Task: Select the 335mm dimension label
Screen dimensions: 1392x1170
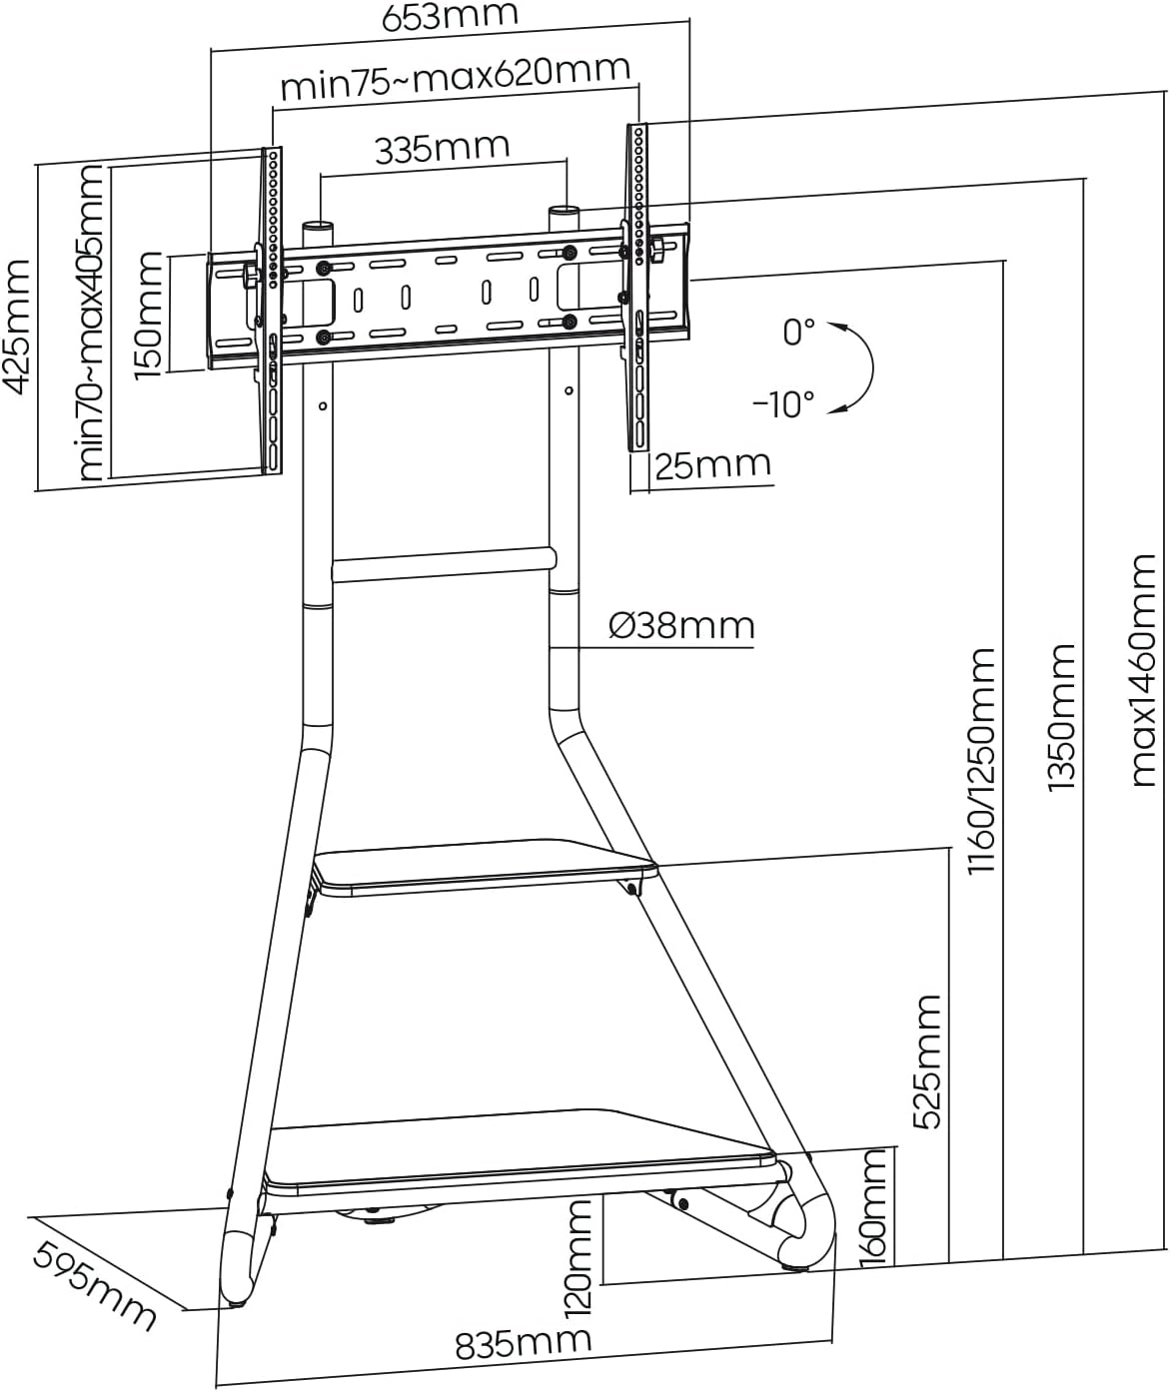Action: (x=442, y=148)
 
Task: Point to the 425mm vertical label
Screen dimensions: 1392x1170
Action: (x=17, y=327)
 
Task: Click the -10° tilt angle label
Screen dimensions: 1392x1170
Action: (x=783, y=404)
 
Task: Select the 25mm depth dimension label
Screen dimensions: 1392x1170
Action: (x=713, y=465)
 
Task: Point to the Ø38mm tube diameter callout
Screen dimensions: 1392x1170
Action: (x=681, y=625)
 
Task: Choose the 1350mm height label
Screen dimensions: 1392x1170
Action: (x=1061, y=718)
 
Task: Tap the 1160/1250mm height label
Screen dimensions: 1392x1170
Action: (x=981, y=760)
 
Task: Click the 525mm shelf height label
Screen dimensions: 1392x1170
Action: (x=927, y=1060)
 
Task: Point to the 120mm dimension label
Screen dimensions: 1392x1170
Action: (x=580, y=1255)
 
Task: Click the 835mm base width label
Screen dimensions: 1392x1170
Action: (x=524, y=1344)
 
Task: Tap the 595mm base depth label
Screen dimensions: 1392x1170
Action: (x=95, y=1285)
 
